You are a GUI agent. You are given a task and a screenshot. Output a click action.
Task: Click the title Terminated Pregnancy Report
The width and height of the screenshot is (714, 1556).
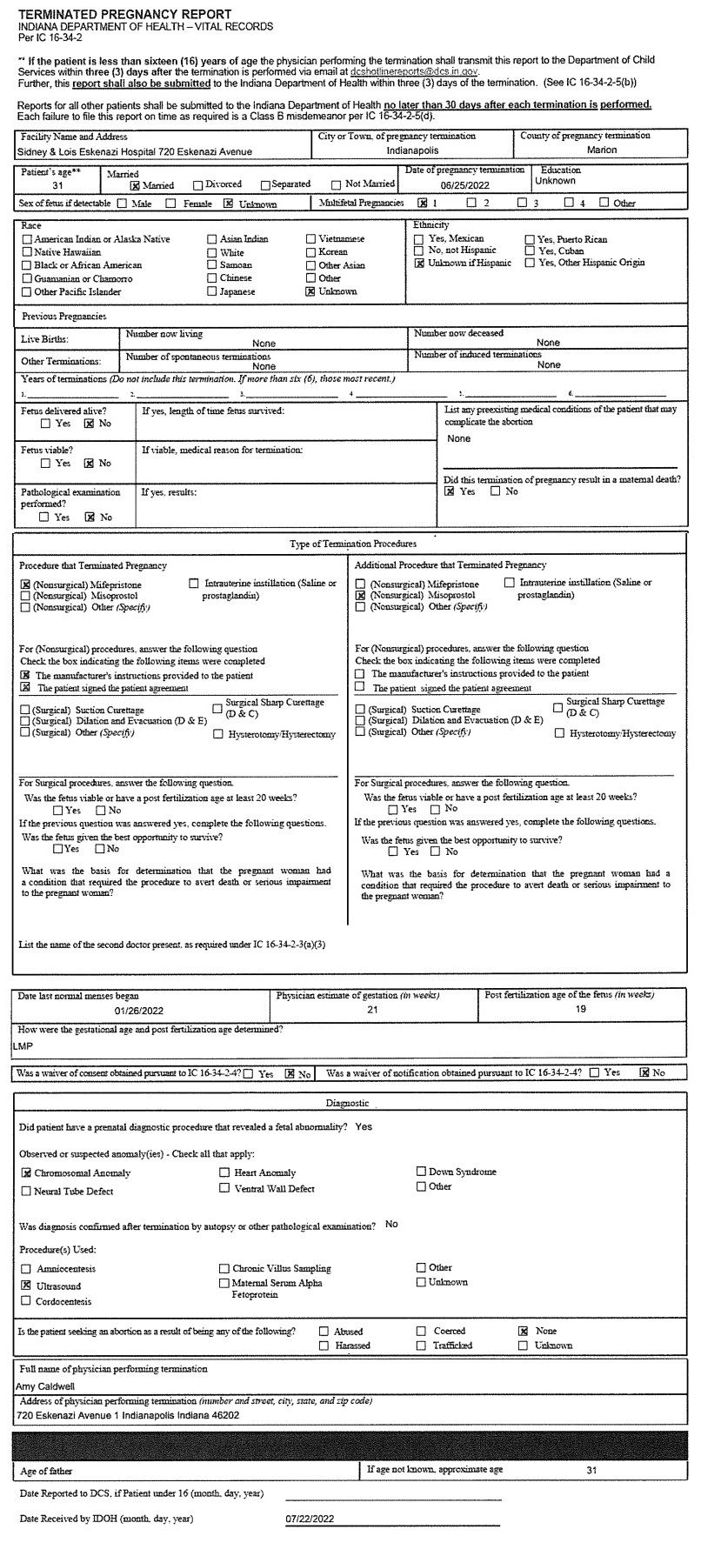(124, 15)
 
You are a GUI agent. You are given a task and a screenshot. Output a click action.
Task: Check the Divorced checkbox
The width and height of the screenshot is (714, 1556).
(199, 185)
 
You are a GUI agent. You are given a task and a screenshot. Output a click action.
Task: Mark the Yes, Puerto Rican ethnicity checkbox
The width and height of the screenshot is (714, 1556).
(530, 239)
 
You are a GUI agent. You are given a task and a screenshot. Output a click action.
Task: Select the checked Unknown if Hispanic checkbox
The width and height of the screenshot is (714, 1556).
(419, 264)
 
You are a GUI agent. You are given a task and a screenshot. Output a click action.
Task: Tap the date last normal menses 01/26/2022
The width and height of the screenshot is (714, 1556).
(138, 1011)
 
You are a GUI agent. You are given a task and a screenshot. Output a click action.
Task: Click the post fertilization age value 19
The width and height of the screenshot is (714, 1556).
(582, 1010)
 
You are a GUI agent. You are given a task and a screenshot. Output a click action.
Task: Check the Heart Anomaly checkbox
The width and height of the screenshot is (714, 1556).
(225, 1173)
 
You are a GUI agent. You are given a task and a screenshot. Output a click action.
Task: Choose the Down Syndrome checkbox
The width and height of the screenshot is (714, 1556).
(421, 1172)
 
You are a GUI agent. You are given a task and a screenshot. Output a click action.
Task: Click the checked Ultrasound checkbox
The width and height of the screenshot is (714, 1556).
(25, 1285)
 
